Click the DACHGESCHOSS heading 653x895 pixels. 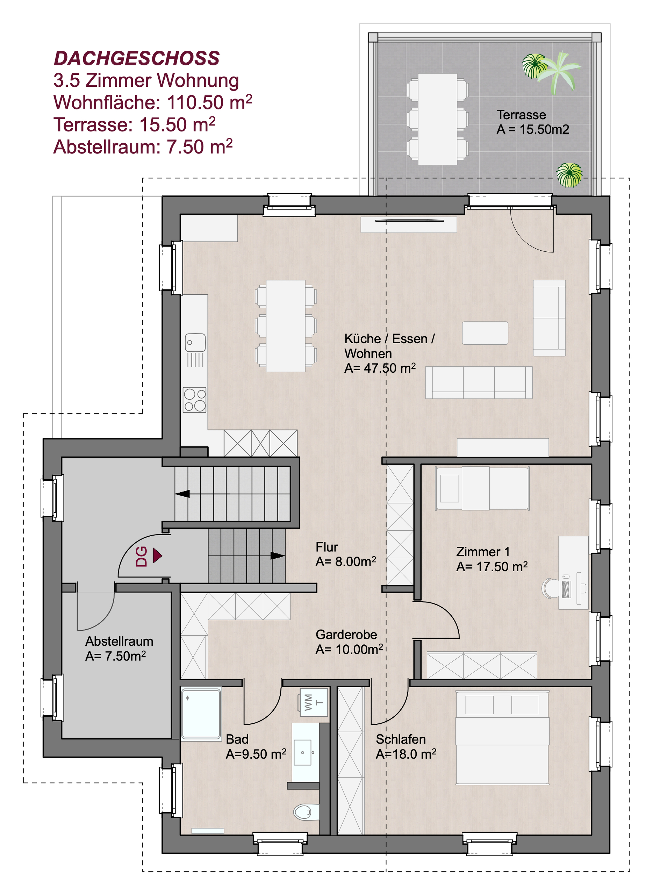137,58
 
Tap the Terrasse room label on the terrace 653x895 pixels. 521,115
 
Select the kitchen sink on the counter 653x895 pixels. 195,342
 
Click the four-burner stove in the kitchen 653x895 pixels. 194,400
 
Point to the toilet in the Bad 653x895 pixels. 306,812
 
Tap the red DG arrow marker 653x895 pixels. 158,556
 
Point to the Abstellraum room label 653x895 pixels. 119,641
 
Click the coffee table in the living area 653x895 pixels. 485,333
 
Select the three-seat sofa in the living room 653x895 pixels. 479,382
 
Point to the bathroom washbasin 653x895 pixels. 303,753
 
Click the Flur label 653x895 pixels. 326,547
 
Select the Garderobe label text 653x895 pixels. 346,635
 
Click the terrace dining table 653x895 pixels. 438,119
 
